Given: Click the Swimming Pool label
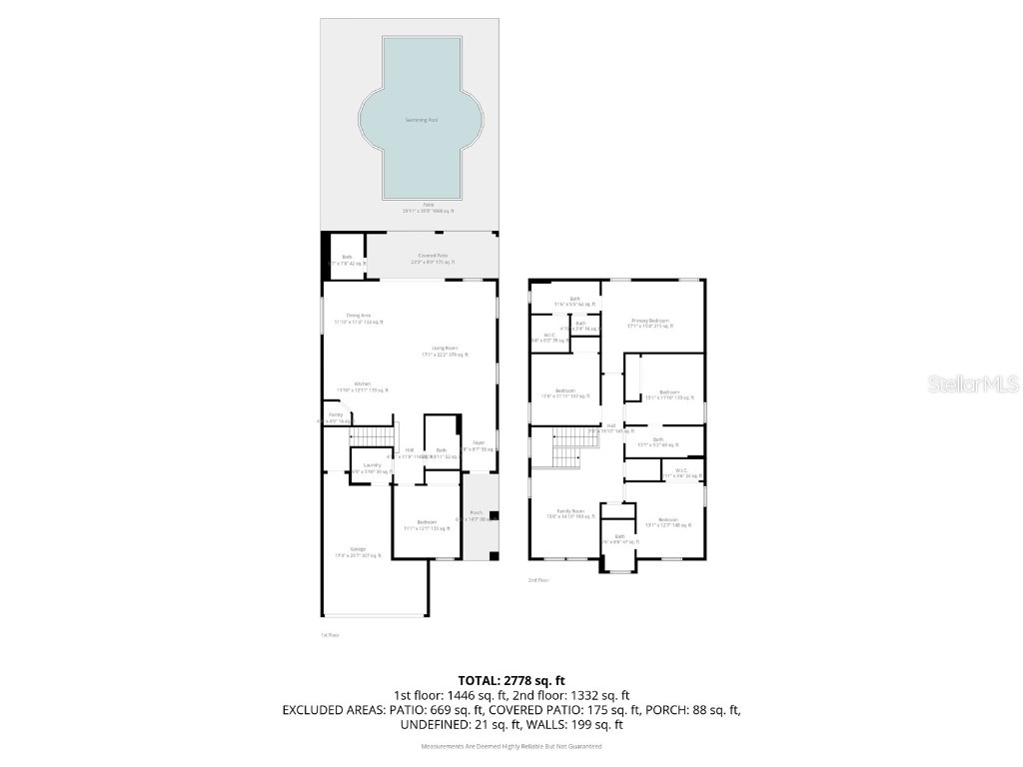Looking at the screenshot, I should point(421,120).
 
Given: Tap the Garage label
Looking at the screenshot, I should point(357,552).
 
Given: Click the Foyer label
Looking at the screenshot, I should point(479,445).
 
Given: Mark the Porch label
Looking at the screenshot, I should point(477,515).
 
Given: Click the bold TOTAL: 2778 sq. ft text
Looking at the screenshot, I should point(511,680).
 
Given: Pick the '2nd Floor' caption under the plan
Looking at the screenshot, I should point(537,580).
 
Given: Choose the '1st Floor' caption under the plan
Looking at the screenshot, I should point(330,634).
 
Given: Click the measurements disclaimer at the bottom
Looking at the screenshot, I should point(511,746).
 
